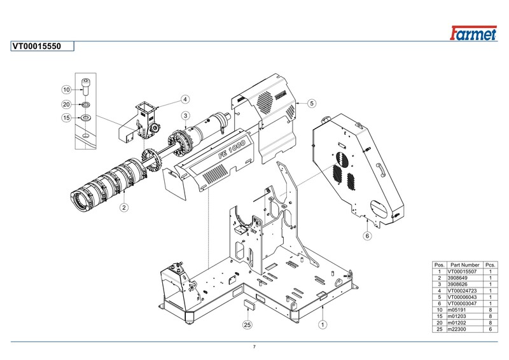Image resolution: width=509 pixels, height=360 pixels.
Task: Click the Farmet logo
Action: click(473, 33)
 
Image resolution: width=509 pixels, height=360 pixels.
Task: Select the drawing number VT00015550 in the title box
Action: click(37, 46)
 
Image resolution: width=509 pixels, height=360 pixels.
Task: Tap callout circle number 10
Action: click(66, 90)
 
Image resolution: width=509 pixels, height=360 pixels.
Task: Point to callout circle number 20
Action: click(66, 104)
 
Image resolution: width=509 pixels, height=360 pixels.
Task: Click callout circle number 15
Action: click(66, 118)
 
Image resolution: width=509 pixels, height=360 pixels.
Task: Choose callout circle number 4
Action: click(185, 99)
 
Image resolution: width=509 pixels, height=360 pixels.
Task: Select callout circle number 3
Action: click(185, 116)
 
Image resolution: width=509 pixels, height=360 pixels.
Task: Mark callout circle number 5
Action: click(312, 103)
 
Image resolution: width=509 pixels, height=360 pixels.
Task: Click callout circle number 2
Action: click(124, 207)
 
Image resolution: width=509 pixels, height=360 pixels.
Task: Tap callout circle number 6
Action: click(367, 236)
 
